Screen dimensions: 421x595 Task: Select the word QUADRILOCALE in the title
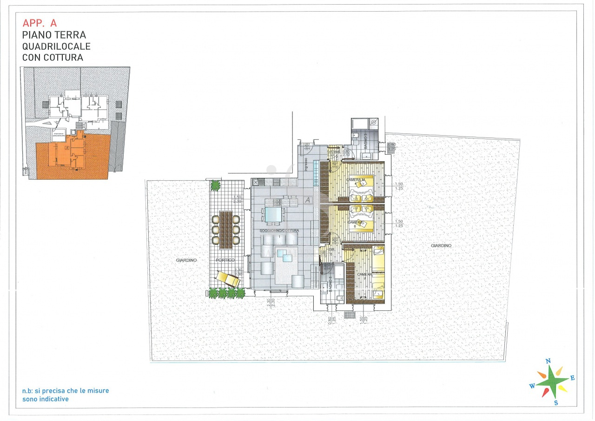tap(56, 46)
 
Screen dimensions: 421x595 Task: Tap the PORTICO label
tap(225, 260)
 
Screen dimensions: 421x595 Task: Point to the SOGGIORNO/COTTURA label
tap(279, 231)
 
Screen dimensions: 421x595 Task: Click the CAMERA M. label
tap(356, 179)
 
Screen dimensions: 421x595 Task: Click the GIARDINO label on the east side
tap(441, 245)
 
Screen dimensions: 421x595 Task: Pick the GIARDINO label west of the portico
tap(186, 260)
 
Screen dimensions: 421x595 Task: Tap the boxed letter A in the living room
tap(307, 200)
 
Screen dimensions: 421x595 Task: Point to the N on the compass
tap(548, 361)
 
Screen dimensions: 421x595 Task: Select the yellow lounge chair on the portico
tap(227, 279)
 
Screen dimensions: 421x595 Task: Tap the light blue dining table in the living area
tap(273, 215)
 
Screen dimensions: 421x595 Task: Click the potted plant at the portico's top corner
tap(215, 185)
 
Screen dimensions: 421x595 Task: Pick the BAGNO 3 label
tap(366, 140)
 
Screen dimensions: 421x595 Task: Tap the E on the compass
tap(572, 378)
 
